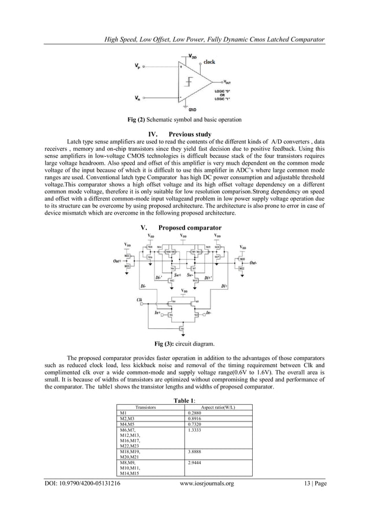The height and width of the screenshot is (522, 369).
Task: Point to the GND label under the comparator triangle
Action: coord(193,109)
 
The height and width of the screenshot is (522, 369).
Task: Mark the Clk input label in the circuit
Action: coord(140,299)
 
